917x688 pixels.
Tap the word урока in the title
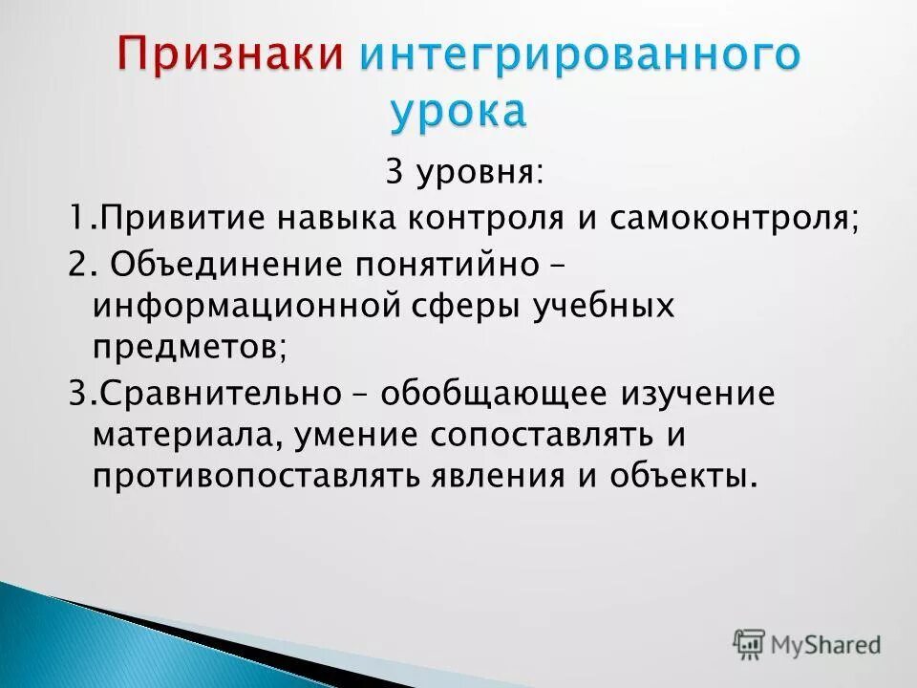pos(458,112)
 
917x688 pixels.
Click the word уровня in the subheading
pos(478,175)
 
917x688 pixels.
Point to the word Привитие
pos(181,219)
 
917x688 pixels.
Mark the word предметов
pos(186,349)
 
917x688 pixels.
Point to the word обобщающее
pos(480,394)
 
